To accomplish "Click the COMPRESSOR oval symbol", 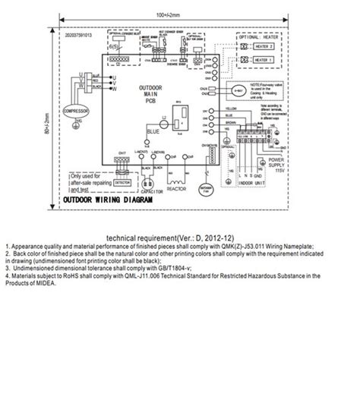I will pyautogui.click(x=75, y=111).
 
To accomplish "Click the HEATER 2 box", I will pyautogui.click(x=262, y=48).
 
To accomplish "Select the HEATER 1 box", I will pyautogui.click(x=262, y=60).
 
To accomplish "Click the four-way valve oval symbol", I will pyautogui.click(x=239, y=90).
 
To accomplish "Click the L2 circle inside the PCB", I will pyautogui.click(x=161, y=120).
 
